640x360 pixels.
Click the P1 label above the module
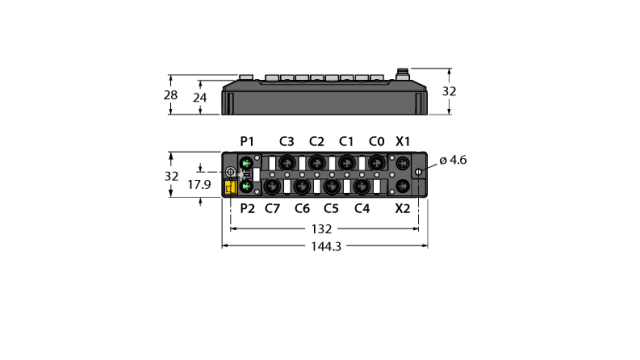[x=247, y=140]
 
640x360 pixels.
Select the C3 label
[x=287, y=140]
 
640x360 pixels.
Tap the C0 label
[x=375, y=140]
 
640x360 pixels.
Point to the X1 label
[x=403, y=140]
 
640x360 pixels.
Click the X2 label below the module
[x=403, y=208]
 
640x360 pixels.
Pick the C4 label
[x=362, y=208]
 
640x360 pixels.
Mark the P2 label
[x=247, y=208]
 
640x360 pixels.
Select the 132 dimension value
[x=320, y=228]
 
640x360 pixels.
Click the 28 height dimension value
[x=171, y=96]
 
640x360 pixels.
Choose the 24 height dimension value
[x=200, y=98]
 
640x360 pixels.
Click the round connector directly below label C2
[x=316, y=162]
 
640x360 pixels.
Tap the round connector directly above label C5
[x=331, y=186]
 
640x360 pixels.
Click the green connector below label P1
[x=245, y=162]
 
